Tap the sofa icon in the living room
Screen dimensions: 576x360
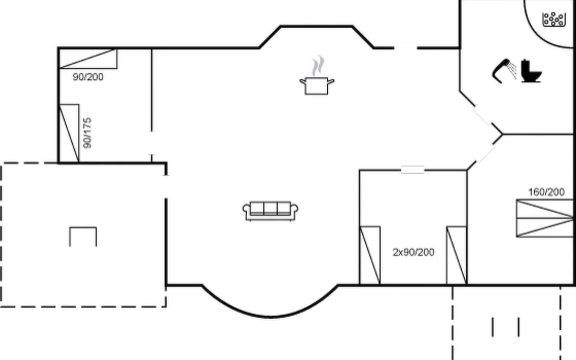pyautogui.click(x=271, y=211)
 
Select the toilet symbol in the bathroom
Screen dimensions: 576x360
pyautogui.click(x=531, y=71)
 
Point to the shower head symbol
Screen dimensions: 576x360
pyautogui.click(x=504, y=71)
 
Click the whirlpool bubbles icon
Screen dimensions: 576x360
pyautogui.click(x=554, y=20)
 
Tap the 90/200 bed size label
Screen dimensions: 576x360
pyautogui.click(x=88, y=77)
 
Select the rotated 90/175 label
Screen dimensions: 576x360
pyautogui.click(x=87, y=133)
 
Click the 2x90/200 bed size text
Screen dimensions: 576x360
pyautogui.click(x=413, y=252)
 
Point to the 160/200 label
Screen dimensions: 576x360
pyautogui.click(x=546, y=192)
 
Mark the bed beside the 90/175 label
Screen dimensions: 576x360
pyautogui.click(x=69, y=133)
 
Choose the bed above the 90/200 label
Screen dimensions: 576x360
pyautogui.click(x=88, y=59)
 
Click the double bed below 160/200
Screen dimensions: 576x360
pyautogui.click(x=545, y=218)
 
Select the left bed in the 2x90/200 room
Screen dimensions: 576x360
pyautogui.click(x=370, y=255)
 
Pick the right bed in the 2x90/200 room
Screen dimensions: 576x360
pyautogui.click(x=456, y=255)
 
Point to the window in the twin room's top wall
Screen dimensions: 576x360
pyautogui.click(x=412, y=170)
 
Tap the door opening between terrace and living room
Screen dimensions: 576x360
pyautogui.click(x=166, y=187)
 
